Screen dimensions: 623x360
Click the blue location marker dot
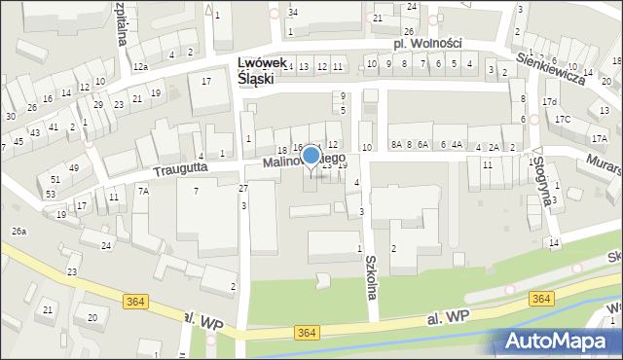tap(311, 156)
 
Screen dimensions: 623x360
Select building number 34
tap(292, 12)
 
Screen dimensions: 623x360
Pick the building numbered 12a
tap(140, 66)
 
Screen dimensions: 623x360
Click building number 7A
tap(143, 192)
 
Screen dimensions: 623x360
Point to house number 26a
tap(18, 232)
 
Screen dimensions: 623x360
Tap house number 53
tap(50, 195)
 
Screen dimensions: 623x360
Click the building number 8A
tap(396, 145)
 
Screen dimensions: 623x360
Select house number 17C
tap(563, 119)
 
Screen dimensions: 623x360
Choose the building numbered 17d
tap(550, 102)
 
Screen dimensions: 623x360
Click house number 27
tap(243, 188)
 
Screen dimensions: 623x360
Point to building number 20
tap(92, 317)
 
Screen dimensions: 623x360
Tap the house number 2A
tap(494, 147)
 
